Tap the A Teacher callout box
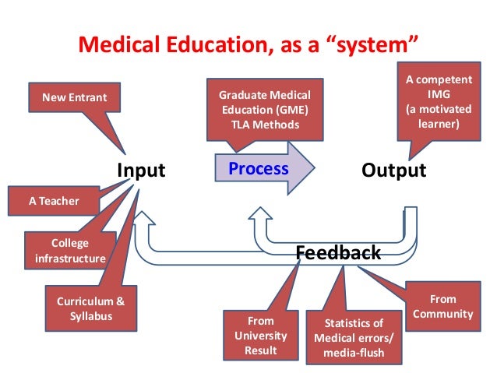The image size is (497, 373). click(54, 200)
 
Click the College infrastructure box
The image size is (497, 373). click(65, 250)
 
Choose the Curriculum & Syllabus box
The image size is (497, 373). click(90, 308)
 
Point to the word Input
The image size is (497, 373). click(141, 170)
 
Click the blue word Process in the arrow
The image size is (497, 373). click(258, 168)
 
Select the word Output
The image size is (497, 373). click(394, 170)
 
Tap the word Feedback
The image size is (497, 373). click(339, 252)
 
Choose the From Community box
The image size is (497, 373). click(443, 306)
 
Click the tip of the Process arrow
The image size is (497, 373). click(314, 168)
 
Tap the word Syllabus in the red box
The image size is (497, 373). click(90, 316)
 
